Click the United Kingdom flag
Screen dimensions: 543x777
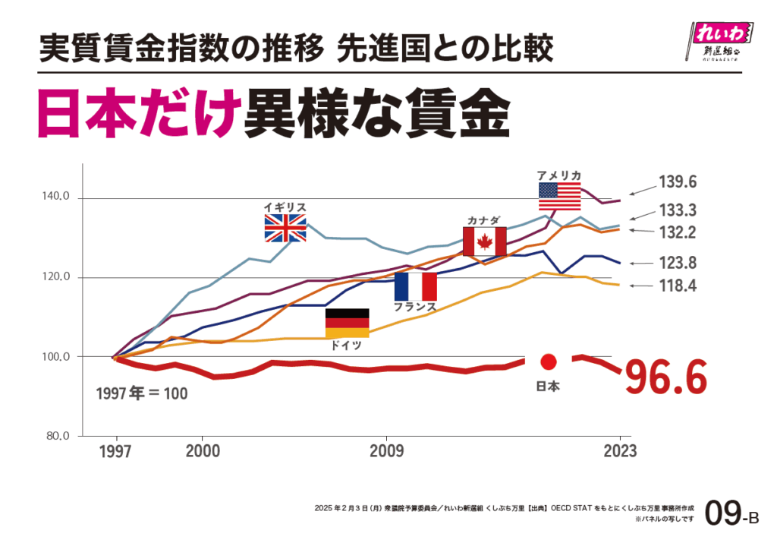click(x=285, y=228)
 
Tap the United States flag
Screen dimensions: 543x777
click(x=560, y=197)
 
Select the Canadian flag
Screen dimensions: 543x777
click(x=484, y=242)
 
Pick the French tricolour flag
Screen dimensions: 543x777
click(x=415, y=286)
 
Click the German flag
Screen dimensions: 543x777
click(x=347, y=323)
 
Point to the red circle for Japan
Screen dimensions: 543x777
click(x=549, y=362)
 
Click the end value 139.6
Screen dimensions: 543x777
click(x=678, y=182)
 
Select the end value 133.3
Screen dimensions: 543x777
click(x=678, y=210)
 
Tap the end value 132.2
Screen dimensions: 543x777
click(x=678, y=232)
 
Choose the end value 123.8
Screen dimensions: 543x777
click(x=678, y=264)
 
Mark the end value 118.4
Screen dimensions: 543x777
click(x=678, y=286)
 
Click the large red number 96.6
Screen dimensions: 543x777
click(x=665, y=377)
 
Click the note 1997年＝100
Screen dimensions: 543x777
click(x=142, y=394)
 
